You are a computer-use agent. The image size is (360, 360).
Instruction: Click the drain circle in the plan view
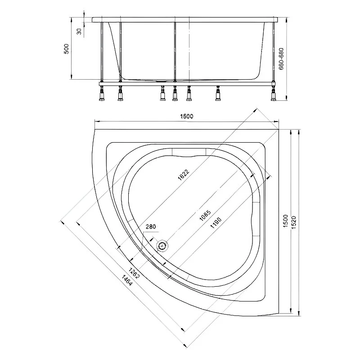point(162,246)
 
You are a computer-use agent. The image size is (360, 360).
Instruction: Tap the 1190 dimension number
point(216,223)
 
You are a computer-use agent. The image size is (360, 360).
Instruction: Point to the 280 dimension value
point(151,227)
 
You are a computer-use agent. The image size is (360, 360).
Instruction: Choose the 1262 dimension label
point(134,273)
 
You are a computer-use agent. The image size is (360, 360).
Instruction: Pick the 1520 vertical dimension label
point(294,222)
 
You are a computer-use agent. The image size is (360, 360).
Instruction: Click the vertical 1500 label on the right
point(285,221)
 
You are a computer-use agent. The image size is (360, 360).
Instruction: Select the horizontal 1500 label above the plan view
point(187,116)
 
